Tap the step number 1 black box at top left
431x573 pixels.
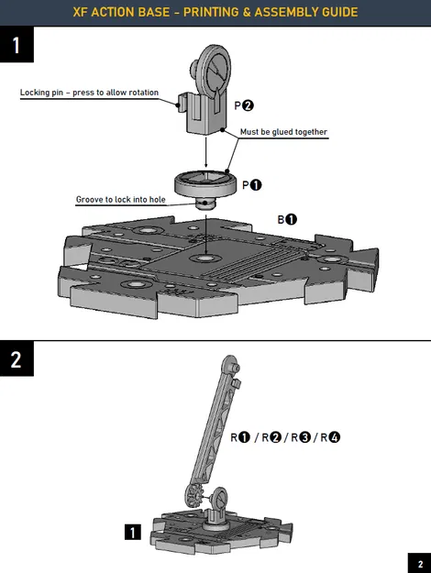[x=17, y=45]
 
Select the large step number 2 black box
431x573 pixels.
[x=17, y=359]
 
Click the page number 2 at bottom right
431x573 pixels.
[x=419, y=563]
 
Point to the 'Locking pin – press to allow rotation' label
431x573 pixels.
[x=89, y=93]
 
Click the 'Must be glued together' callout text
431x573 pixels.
[x=283, y=132]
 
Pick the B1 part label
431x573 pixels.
[x=286, y=219]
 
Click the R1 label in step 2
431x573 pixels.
[x=240, y=437]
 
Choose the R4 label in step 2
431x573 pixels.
[x=328, y=437]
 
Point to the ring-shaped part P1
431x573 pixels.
[x=207, y=182]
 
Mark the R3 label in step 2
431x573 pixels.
[x=299, y=437]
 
